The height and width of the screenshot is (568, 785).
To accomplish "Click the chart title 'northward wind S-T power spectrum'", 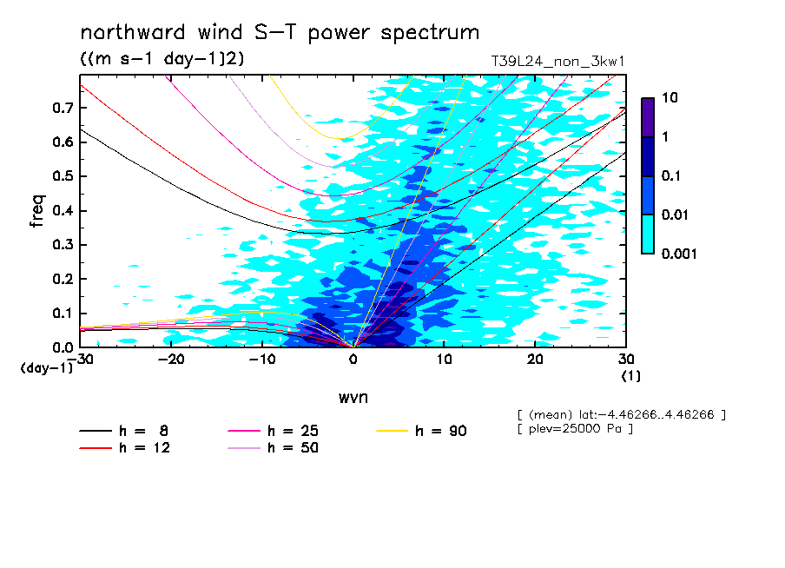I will click(x=280, y=33).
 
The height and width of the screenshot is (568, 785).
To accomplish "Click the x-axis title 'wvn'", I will click(x=353, y=397).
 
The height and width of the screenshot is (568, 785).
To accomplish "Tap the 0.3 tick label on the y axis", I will click(x=59, y=245).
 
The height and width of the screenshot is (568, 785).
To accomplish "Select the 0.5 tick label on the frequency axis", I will click(x=59, y=176).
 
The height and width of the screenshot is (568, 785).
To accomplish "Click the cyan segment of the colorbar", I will click(x=648, y=234).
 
